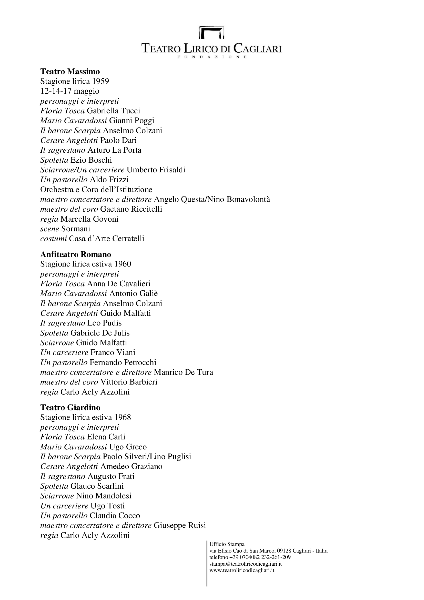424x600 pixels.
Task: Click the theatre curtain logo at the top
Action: point(211,33)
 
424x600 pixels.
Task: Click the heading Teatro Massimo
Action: point(70,71)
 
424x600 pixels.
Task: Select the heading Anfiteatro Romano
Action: point(76,254)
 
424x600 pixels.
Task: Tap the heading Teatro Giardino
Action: point(70,407)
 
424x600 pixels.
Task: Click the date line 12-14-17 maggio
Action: point(70,91)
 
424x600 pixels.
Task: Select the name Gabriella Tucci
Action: point(113,111)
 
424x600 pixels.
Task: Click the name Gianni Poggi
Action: point(132,121)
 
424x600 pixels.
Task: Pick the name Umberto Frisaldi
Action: point(156,170)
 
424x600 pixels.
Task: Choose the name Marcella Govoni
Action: point(89,219)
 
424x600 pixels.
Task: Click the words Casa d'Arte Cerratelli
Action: point(107,239)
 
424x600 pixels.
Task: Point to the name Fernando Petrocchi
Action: point(123,362)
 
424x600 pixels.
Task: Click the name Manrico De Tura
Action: point(183,372)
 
